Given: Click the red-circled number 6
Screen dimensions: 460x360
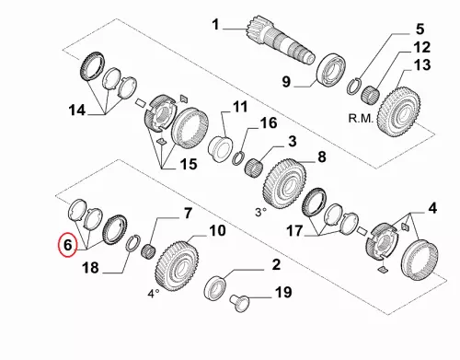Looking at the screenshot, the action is coord(68,245).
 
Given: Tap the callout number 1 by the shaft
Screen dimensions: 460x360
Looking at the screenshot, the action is coord(216,24).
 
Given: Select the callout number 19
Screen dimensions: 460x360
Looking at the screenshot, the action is coord(283,292).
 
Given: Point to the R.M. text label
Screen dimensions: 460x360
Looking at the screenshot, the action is coord(361,118).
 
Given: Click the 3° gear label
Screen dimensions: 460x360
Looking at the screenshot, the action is coord(260,212).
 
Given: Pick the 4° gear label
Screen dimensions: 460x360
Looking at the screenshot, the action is coord(154,294).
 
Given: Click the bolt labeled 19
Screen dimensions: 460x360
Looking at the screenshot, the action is coord(239,302).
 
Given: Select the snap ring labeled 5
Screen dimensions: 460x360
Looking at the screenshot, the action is coord(355,86).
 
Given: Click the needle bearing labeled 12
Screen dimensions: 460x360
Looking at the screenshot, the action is coord(371,92).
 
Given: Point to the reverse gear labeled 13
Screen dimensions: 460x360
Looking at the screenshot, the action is coord(399,111).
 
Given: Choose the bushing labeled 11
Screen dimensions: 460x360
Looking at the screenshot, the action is coord(220,149).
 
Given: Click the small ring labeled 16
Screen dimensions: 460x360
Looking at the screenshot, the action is coord(238,157).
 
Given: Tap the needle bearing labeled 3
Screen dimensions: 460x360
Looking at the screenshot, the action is coord(256,168).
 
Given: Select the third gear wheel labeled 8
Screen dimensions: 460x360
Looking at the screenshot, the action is coord(284,186).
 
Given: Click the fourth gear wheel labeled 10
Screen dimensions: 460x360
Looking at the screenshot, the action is coord(177,266).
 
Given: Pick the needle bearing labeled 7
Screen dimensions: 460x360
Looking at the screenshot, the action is coord(149,251).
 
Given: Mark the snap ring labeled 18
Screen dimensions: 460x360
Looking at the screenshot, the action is coord(133,243).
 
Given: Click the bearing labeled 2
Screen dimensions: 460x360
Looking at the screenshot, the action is coord(215,287).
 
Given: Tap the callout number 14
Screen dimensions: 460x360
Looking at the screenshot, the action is coord(77,110).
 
